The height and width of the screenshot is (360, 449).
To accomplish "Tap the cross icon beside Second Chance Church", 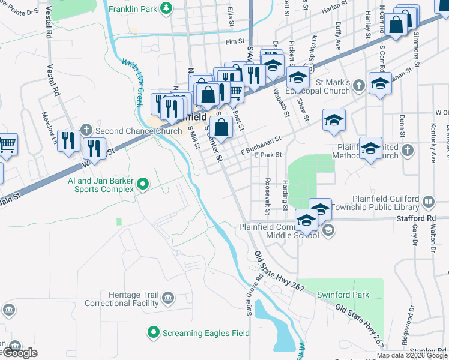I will tap(86, 130).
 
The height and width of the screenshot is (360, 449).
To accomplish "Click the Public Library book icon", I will tap(429, 202).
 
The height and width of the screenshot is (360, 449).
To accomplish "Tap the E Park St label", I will tap(268, 155).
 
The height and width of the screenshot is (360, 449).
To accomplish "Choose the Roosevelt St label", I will tap(268, 197).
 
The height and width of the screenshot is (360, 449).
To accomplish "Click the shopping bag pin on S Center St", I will tap(221, 127).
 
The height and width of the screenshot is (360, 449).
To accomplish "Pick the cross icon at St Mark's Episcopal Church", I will tap(359, 83).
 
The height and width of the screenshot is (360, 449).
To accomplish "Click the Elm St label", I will tap(235, 42).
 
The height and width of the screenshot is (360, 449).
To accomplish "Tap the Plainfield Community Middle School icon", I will tap(328, 230).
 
